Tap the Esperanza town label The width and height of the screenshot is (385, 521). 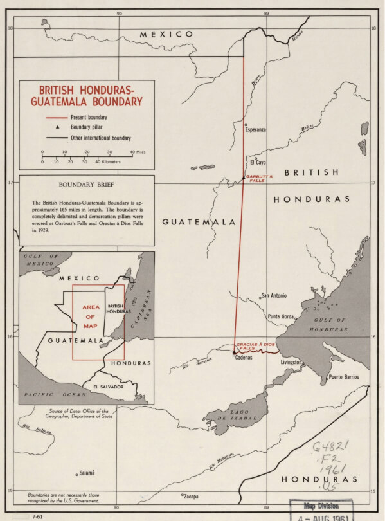(255, 130)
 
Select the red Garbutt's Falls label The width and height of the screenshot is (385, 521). (260, 178)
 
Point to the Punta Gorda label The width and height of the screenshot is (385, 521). (280, 316)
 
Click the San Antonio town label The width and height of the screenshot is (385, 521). (274, 296)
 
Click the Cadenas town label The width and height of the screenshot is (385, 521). (243, 358)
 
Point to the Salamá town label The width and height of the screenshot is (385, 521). (86, 473)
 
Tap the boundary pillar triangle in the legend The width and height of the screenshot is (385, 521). (48, 127)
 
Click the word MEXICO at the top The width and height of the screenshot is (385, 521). (166, 33)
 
